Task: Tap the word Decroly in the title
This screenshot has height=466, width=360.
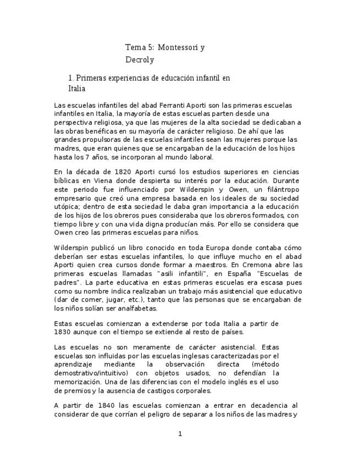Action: coord(140,59)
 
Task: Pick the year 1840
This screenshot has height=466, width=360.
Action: coord(99,406)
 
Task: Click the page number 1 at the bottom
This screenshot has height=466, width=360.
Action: coord(180,434)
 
